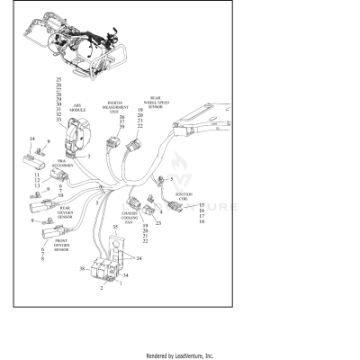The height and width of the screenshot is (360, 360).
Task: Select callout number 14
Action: click(32, 139)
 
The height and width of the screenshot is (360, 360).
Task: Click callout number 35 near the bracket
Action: click(115, 240)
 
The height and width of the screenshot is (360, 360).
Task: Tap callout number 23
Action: click(157, 222)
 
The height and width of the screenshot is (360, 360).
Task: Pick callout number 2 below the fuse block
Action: click(102, 289)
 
